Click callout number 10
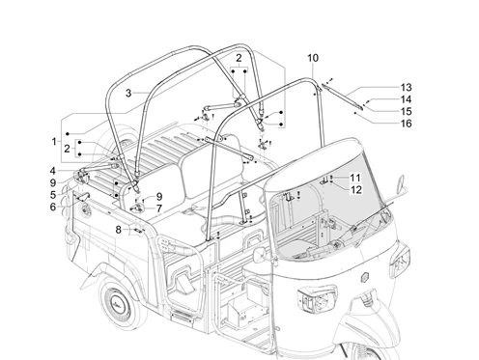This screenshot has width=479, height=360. [313, 58]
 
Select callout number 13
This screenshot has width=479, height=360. [407, 88]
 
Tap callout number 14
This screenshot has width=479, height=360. [407, 99]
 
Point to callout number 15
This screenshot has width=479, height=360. [407, 111]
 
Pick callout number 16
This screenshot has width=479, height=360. [407, 124]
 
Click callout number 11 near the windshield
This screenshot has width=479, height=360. [355, 178]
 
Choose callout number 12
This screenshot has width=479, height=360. [355, 189]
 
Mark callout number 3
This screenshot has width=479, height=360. [128, 94]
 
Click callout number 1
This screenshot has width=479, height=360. [54, 141]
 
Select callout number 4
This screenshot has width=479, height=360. [53, 171]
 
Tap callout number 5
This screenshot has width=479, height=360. [53, 195]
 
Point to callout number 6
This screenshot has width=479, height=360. [53, 207]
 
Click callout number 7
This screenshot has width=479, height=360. [159, 208]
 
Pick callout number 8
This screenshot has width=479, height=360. [119, 230]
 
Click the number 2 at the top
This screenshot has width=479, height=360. [239, 58]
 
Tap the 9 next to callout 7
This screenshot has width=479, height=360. [159, 197]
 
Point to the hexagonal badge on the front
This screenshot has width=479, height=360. [365, 277]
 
